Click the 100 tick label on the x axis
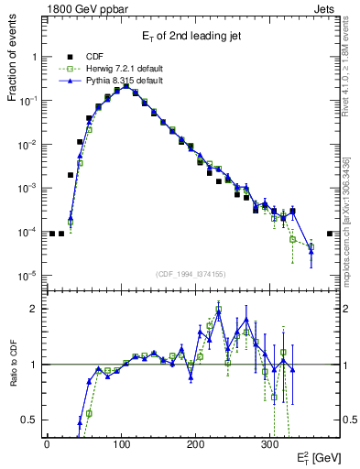tap(121, 443)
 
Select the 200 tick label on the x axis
tap(195, 443)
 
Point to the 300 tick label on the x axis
tap(269, 443)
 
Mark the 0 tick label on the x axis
tap(47, 443)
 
